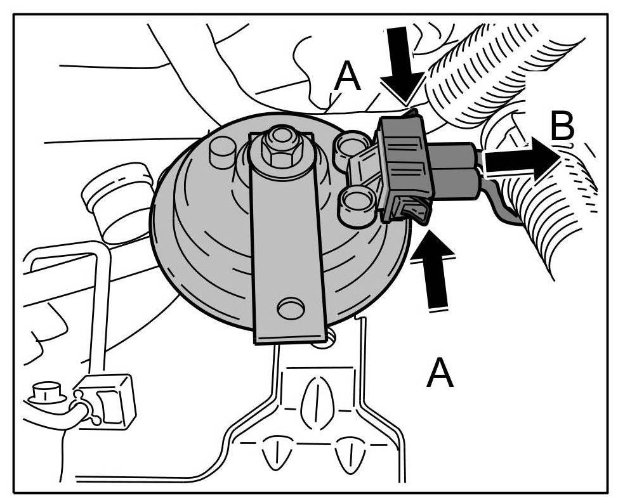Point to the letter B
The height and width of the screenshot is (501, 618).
click(x=562, y=127)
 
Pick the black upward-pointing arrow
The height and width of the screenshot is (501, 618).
click(x=435, y=270)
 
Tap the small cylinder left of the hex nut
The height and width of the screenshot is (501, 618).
click(x=223, y=151)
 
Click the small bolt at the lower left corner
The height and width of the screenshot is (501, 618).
click(x=44, y=394)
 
